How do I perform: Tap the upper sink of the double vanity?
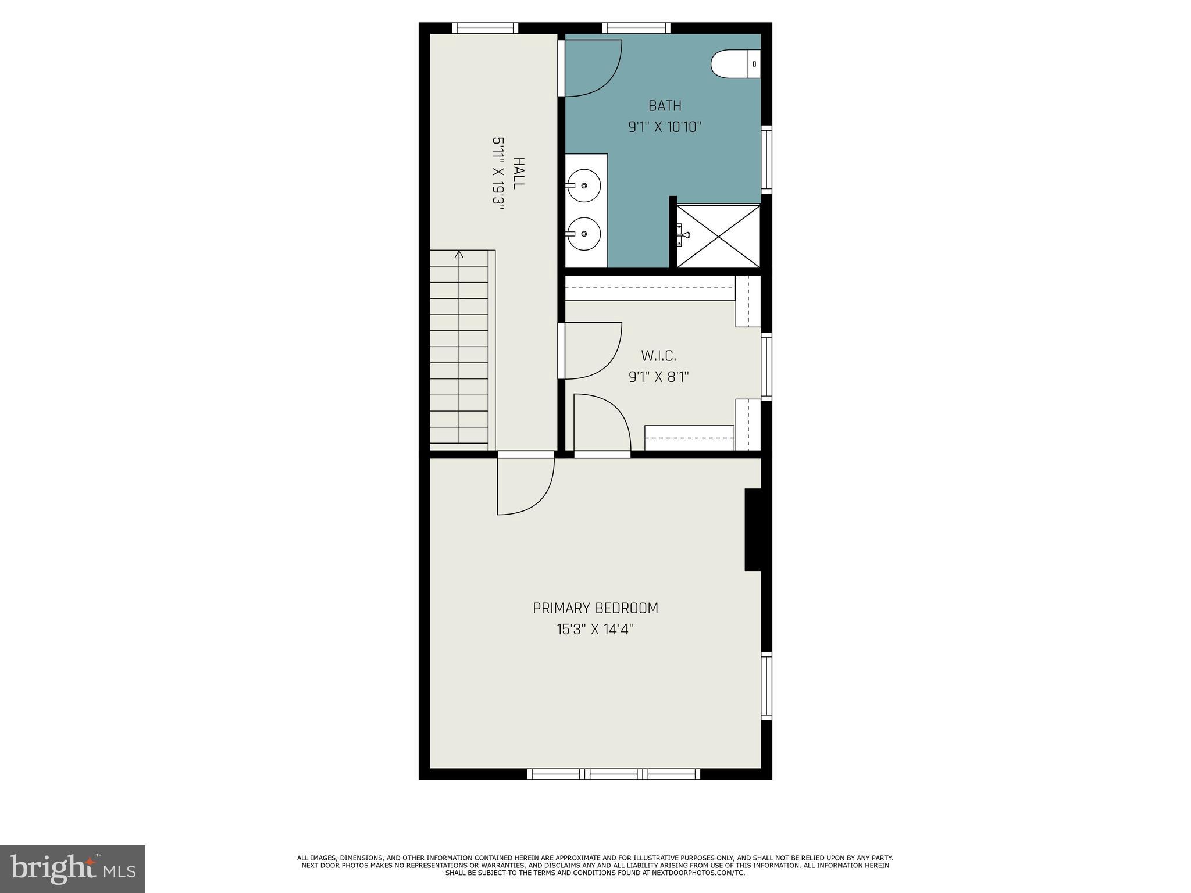583,185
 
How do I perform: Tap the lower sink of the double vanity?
583,234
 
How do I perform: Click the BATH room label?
665,106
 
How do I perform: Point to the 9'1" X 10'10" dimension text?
665,127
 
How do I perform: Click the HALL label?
518,173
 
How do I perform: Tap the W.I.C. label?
658,356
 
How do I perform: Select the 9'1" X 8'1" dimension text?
658,377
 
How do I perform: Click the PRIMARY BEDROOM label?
595,608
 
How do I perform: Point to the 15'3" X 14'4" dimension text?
594,629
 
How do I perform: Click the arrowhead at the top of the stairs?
459,254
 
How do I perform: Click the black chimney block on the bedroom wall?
753,530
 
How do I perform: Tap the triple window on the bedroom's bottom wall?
614,774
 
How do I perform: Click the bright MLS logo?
73,869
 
